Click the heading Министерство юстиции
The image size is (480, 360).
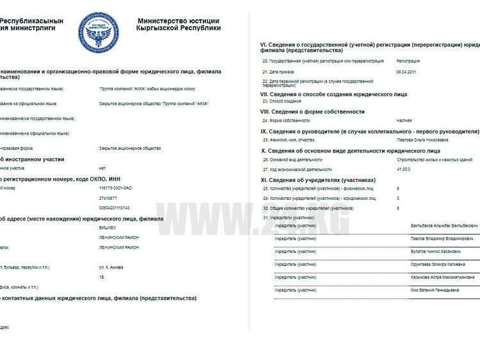[x=179, y=20]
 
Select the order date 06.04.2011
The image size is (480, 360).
[x=406, y=71]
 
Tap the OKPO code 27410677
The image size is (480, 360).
[x=108, y=198]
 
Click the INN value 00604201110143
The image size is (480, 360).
[x=115, y=208]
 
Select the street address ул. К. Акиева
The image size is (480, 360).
[x=111, y=267]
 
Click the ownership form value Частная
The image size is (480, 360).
[x=404, y=120]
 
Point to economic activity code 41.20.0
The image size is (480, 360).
[x=405, y=169]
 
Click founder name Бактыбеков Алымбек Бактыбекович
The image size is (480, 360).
[x=444, y=225]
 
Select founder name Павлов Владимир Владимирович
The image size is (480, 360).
[x=442, y=238]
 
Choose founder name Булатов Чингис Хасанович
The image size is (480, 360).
[x=438, y=251]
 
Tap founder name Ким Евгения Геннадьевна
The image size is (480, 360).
[x=435, y=290]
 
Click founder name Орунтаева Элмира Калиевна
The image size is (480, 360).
[x=438, y=264]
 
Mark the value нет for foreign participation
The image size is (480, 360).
[x=102, y=168]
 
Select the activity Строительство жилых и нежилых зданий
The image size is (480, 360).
[x=435, y=160]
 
